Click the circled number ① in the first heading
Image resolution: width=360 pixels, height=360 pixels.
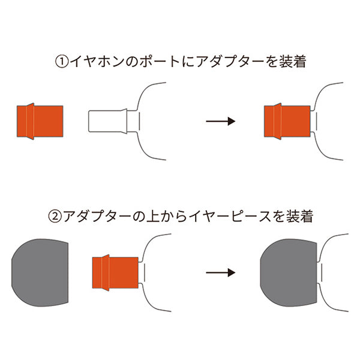click(62, 62)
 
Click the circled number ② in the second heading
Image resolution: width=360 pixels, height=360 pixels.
click(55, 217)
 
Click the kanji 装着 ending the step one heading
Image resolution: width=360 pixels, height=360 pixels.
click(293, 62)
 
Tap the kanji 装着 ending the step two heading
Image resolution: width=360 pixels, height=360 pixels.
click(299, 217)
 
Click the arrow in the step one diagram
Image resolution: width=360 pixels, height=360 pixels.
click(220, 121)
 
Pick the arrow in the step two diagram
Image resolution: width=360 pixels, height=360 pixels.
click(220, 272)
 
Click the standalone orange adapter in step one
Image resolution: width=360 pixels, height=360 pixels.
click(40, 121)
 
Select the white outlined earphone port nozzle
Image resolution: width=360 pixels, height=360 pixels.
click(108, 121)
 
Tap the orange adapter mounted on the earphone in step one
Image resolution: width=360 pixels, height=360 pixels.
click(287, 121)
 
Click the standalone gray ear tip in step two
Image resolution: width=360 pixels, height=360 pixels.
click(40, 272)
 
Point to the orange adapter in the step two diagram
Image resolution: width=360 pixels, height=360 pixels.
click(115, 273)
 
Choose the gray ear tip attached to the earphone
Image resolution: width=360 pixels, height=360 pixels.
click(289, 272)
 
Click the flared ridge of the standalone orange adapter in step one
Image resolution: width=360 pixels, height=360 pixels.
click(31, 121)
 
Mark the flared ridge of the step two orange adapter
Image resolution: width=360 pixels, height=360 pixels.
click(106, 273)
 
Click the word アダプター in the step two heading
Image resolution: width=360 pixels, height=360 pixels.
click(97, 217)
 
